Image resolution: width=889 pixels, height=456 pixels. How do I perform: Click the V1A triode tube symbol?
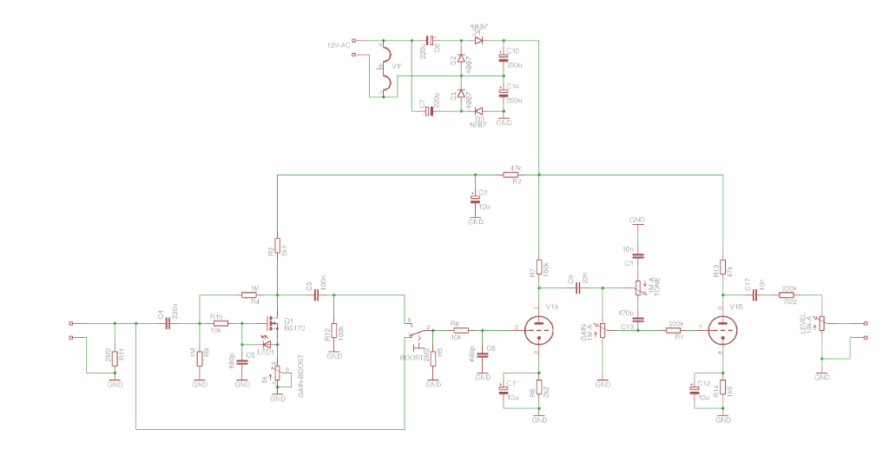539,330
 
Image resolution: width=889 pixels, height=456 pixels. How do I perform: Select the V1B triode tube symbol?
721,330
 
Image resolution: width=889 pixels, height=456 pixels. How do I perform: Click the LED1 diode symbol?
267,344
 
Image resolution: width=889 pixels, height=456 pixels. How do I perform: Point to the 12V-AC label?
339,43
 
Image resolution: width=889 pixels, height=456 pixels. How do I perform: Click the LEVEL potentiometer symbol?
821,325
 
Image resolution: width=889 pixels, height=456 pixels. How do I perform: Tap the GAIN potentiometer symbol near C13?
602,331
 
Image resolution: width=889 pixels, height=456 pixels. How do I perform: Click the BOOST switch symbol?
418,334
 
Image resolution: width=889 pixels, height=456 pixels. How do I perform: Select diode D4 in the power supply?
477,40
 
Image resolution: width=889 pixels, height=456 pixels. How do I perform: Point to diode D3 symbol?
477,110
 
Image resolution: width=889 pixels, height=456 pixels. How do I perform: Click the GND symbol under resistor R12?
334,355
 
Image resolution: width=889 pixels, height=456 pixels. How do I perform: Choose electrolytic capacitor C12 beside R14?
695,388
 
